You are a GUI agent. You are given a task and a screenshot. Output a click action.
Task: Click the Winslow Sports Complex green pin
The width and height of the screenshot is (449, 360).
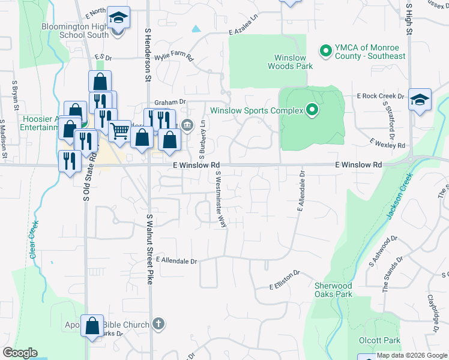(x=312, y=110)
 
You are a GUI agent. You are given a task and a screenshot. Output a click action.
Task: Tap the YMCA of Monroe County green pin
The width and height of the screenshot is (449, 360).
(x=326, y=51)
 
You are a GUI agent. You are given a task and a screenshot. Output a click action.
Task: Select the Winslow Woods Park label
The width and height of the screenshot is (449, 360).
(x=294, y=62)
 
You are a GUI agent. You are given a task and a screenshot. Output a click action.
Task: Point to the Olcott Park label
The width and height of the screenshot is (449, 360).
(x=379, y=340)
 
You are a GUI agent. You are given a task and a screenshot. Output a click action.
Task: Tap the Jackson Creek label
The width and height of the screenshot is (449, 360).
(x=400, y=196)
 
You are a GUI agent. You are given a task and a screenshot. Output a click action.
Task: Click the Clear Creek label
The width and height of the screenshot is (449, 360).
(x=34, y=239)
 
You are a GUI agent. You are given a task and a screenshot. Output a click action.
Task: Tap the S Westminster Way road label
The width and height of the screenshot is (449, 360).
(x=220, y=199)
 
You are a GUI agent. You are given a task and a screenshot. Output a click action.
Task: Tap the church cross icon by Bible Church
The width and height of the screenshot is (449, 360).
(x=158, y=324)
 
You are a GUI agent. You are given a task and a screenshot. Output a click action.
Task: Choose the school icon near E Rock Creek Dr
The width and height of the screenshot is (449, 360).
(x=420, y=100)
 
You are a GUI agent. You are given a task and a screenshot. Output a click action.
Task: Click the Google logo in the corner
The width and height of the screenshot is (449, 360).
(x=20, y=353)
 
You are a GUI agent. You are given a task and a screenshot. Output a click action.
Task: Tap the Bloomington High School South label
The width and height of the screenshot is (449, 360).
(x=75, y=31)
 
